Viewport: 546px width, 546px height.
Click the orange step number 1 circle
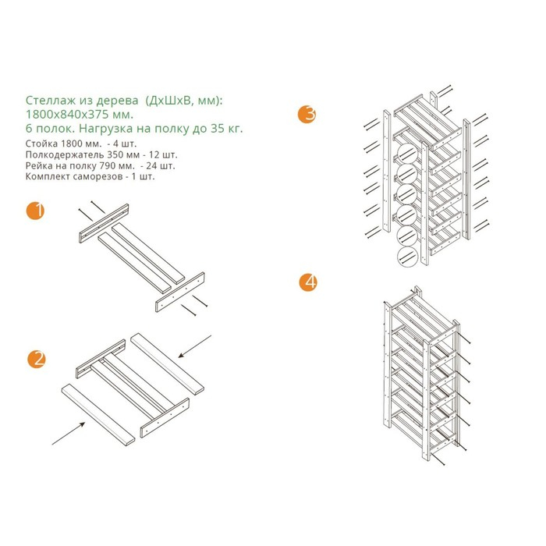pyautogui.click(x=35, y=211)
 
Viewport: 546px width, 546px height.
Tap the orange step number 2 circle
pyautogui.click(x=37, y=359)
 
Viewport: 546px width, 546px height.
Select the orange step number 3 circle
pyautogui.click(x=307, y=114)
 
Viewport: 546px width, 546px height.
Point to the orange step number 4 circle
pyautogui.click(x=309, y=282)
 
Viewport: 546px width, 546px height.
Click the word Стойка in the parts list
pyautogui.click(x=41, y=144)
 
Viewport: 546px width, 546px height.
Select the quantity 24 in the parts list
pyautogui.click(x=152, y=165)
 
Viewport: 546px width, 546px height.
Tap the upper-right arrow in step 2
pyautogui.click(x=195, y=346)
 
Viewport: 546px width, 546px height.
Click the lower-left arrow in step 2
pyautogui.click(x=69, y=433)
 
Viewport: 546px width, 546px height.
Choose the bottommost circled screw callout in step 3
pyautogui.click(x=407, y=257)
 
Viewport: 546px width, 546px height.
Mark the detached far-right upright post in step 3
pyautogui.click(x=466, y=179)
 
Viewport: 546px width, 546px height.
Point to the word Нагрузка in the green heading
pyautogui.click(x=106, y=129)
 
